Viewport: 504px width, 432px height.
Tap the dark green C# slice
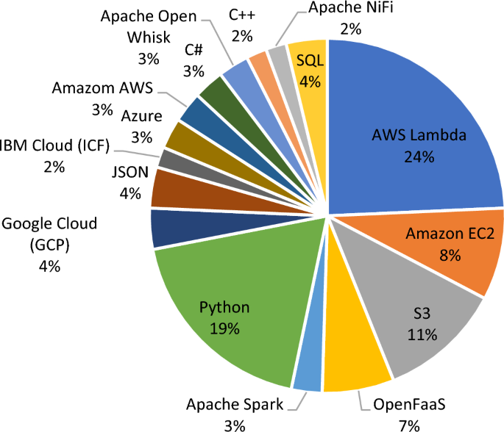213,92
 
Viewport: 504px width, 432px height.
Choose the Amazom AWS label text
102,88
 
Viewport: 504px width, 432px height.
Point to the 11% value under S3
422,336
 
